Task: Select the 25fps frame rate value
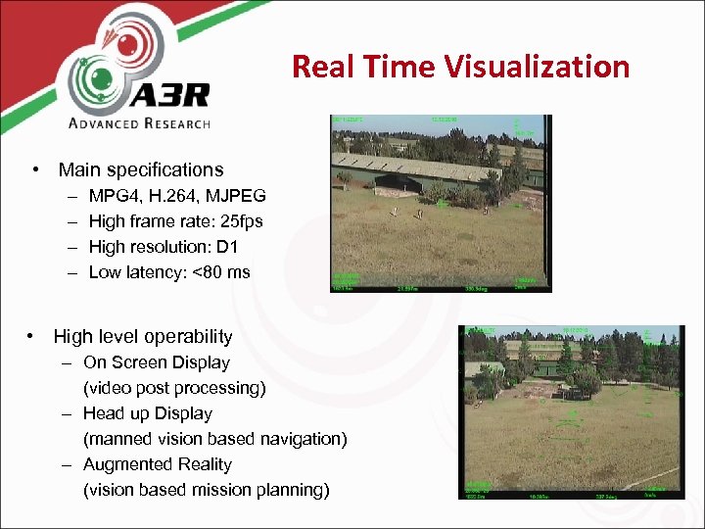click(239, 221)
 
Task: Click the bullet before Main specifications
click(35, 170)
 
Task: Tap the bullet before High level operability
click(31, 337)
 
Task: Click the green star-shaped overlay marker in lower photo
click(573, 415)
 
